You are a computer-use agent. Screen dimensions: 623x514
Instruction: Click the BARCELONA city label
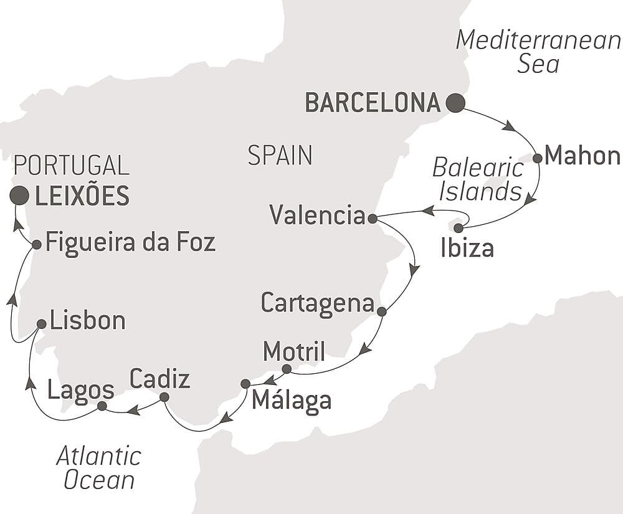pos(373,103)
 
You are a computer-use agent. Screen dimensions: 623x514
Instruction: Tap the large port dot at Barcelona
pos(455,103)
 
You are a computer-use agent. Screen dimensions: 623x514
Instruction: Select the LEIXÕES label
pos(82,196)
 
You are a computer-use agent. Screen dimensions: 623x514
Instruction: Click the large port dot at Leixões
pos(19,196)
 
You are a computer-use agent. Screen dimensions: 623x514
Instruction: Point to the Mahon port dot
pos(538,158)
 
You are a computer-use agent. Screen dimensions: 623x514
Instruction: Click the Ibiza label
pos(467,249)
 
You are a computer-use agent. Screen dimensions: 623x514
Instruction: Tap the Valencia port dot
pos(372,219)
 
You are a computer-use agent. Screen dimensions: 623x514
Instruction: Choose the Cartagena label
pos(317,303)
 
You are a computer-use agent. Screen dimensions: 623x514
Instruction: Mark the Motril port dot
pos(287,369)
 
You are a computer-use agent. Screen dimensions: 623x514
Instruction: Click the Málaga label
pos(291,402)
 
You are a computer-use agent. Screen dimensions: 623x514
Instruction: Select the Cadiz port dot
pos(164,397)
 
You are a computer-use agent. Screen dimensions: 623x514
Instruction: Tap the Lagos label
pos(80,391)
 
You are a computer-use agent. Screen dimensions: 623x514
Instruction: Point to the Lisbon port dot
pos(41,324)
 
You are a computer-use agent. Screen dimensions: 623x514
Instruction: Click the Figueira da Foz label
pos(131,242)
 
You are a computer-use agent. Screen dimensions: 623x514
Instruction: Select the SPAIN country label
pos(280,155)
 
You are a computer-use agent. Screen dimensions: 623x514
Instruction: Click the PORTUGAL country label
pos(71,165)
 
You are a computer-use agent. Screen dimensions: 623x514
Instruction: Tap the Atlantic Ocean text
pos(99,468)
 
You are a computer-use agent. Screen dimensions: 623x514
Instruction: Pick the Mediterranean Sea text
pos(538,51)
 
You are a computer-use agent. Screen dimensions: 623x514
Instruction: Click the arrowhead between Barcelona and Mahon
pos(508,126)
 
